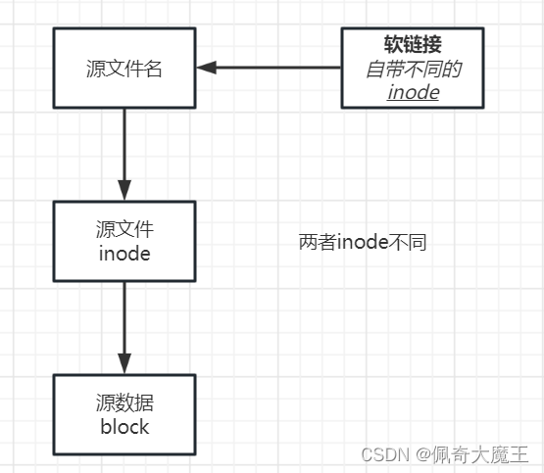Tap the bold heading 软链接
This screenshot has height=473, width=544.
point(413,44)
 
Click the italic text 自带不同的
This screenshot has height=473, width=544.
point(414,69)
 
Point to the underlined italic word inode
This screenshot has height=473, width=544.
point(414,92)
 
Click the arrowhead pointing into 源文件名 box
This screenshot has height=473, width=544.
point(207,68)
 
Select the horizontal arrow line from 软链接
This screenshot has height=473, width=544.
point(269,68)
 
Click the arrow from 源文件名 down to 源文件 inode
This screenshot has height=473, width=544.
point(124,155)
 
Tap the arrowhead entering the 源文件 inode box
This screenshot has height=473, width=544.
point(124,190)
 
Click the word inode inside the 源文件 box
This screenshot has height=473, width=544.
point(124,254)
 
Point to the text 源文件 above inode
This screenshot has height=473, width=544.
point(124,229)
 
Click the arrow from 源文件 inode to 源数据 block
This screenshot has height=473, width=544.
point(124,328)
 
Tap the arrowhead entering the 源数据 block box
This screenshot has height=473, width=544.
point(124,363)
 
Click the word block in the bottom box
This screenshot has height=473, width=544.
point(124,427)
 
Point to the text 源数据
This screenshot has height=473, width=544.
point(124,402)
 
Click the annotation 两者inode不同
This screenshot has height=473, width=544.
point(363,242)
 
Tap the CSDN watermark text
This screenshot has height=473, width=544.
point(385,454)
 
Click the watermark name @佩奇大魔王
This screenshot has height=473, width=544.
point(471,454)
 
